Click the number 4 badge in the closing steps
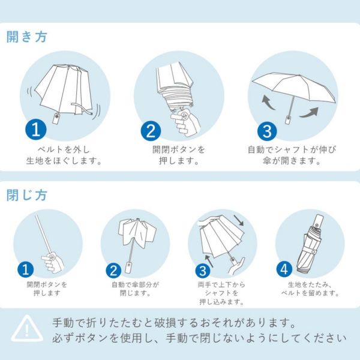click(x=285, y=269)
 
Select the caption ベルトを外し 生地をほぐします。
click(x=67, y=155)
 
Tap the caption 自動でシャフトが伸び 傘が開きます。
click(x=293, y=155)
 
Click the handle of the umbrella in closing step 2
click(x=129, y=266)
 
